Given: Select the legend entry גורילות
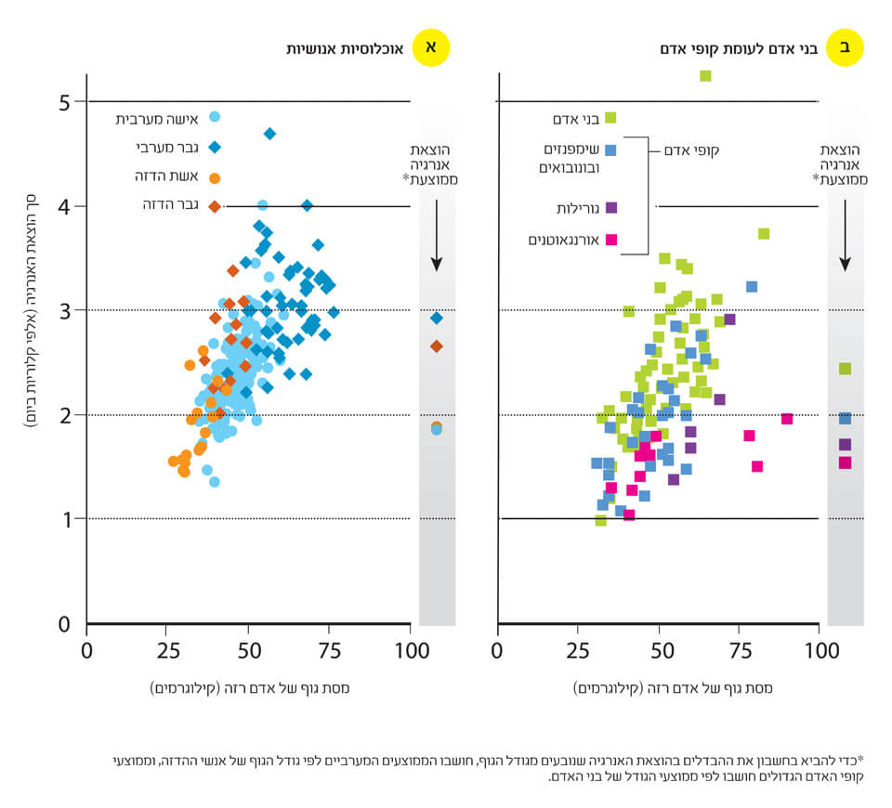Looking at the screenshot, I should tap(571, 208).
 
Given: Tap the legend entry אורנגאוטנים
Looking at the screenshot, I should tap(561, 240).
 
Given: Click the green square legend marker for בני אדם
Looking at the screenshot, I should tap(610, 118).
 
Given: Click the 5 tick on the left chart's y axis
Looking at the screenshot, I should tap(65, 101).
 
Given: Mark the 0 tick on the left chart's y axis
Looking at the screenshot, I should tap(65, 624).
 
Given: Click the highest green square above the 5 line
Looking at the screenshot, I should tap(705, 75).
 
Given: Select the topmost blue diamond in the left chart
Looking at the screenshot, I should tap(269, 134).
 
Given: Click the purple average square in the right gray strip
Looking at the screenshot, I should tap(845, 445).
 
